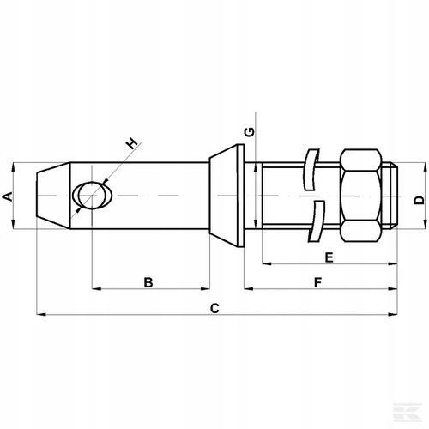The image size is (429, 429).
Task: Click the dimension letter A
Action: pos(9,196)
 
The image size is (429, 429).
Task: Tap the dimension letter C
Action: pos(215,307)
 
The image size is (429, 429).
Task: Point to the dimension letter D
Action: pos(418,199)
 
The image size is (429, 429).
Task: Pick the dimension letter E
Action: pos(328,256)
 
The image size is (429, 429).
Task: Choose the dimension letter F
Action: pos(317,281)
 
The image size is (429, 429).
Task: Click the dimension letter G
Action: pos(250,131)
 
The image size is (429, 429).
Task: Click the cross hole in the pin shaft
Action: pos(90,196)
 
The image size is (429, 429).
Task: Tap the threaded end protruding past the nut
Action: pos(392,196)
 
